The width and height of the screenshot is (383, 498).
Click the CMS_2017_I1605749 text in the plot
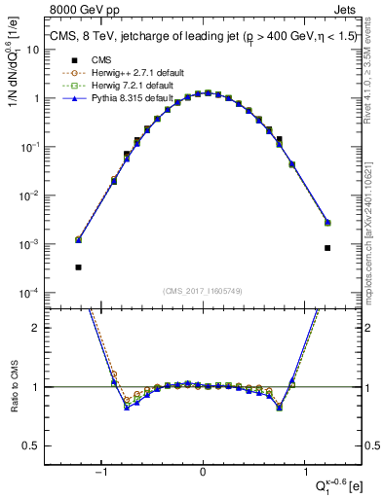tap(203, 291)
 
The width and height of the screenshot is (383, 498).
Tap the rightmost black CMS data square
tap(327, 248)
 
